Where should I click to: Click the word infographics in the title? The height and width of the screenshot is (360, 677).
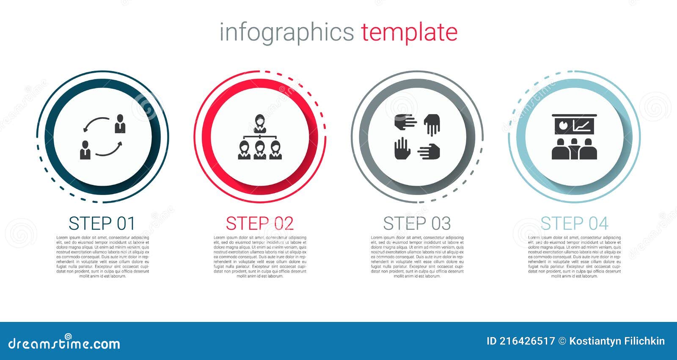click(286, 32)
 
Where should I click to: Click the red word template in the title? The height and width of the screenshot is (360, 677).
click(409, 32)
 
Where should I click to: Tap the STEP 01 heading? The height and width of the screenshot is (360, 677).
click(102, 223)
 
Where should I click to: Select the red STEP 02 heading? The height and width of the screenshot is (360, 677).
click(259, 223)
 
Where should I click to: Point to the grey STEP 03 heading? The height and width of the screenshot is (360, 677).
click(417, 223)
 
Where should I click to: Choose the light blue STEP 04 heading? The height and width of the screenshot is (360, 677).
click(574, 223)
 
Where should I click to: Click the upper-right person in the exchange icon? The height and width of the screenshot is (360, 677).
click(120, 124)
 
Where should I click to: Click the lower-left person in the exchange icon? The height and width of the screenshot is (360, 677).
click(85, 150)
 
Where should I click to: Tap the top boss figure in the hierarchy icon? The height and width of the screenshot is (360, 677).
click(259, 123)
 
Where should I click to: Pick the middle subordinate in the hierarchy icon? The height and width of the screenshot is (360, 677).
click(259, 150)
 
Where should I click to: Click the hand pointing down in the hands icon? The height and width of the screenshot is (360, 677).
click(432, 124)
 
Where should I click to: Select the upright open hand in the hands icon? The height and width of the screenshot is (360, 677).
click(402, 148)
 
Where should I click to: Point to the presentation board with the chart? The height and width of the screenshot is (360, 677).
click(574, 124)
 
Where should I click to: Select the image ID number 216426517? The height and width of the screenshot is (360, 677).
click(527, 341)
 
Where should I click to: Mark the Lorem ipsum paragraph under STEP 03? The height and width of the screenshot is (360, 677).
click(417, 257)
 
